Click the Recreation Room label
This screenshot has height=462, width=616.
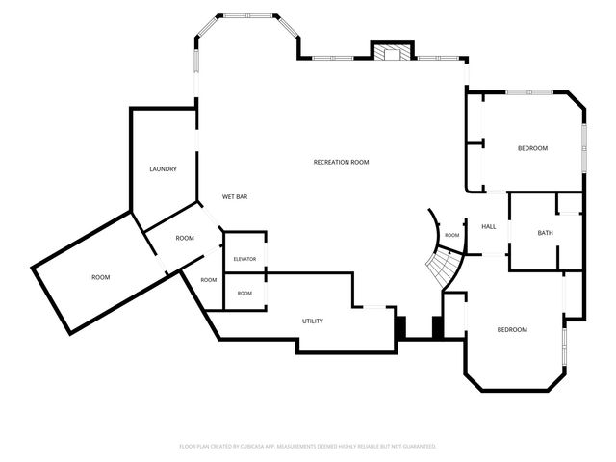point(341,162)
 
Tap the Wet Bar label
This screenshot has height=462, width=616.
point(235,196)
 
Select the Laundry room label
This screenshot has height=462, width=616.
point(163,169)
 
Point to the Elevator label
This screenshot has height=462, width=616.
point(244,259)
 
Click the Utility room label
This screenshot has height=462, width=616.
point(313,321)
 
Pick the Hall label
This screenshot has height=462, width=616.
point(489,227)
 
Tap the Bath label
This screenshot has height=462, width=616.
point(546,233)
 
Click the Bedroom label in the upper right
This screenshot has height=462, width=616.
point(532,148)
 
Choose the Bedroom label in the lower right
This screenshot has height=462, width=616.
point(512,330)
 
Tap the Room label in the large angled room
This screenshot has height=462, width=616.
point(100,278)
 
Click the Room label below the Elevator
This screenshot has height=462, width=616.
point(244,294)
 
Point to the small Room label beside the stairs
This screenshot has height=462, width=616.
point(452,235)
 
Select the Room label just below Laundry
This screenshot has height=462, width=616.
point(185,238)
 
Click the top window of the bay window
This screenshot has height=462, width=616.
point(248,16)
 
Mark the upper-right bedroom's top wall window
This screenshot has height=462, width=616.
point(529,92)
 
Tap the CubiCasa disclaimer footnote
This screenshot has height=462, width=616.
point(308,447)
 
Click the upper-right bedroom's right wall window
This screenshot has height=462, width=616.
point(584,147)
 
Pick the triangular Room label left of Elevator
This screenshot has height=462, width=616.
point(209,280)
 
